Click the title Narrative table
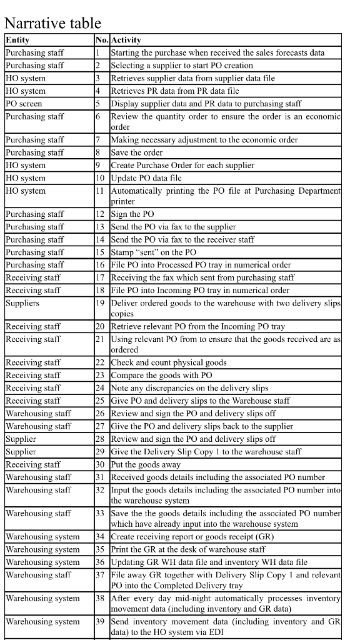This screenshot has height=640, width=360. pyautogui.click(x=52, y=23)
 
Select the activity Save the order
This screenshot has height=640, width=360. pyautogui.click(x=137, y=152)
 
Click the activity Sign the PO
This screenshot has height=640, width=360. pyautogui.click(x=132, y=214)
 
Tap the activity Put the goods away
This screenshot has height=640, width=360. pyautogui.click(x=146, y=464)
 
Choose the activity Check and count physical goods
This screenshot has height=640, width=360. pyautogui.click(x=169, y=362)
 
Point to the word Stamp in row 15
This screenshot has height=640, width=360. pyautogui.click(x=121, y=252)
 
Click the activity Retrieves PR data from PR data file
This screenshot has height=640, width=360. pyautogui.click(x=175, y=91)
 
